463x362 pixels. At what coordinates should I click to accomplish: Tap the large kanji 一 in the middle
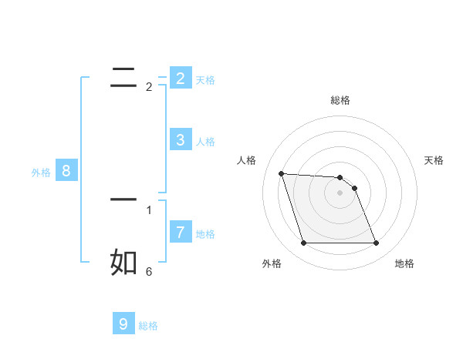click(x=124, y=199)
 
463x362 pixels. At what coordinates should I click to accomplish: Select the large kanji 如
click(x=124, y=262)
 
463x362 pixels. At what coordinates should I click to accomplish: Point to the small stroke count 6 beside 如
click(x=149, y=271)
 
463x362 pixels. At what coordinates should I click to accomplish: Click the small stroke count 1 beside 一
click(x=149, y=209)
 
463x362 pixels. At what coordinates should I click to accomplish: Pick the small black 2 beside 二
click(x=149, y=86)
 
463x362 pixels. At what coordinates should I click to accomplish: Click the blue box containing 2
click(x=180, y=79)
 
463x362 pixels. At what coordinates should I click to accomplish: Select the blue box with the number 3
click(x=180, y=140)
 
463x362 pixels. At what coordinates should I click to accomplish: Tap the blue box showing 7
click(x=180, y=232)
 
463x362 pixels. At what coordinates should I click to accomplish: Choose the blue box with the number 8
click(x=66, y=171)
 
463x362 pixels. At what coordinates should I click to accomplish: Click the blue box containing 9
click(x=123, y=324)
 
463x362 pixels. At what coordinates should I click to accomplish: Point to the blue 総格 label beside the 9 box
click(x=148, y=326)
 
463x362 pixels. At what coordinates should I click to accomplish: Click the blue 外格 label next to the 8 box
click(x=41, y=173)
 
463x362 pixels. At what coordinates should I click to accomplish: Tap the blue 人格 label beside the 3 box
click(x=205, y=142)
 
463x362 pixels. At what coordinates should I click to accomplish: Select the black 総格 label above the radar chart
click(x=340, y=100)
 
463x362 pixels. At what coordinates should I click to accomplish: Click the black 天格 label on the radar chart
click(x=434, y=160)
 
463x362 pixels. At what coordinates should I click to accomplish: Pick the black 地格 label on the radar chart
click(x=404, y=263)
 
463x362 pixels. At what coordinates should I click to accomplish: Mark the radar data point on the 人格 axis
click(x=281, y=173)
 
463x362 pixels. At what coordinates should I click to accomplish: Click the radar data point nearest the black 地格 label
click(x=376, y=243)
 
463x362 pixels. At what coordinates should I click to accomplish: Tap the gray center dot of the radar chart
click(x=340, y=193)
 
